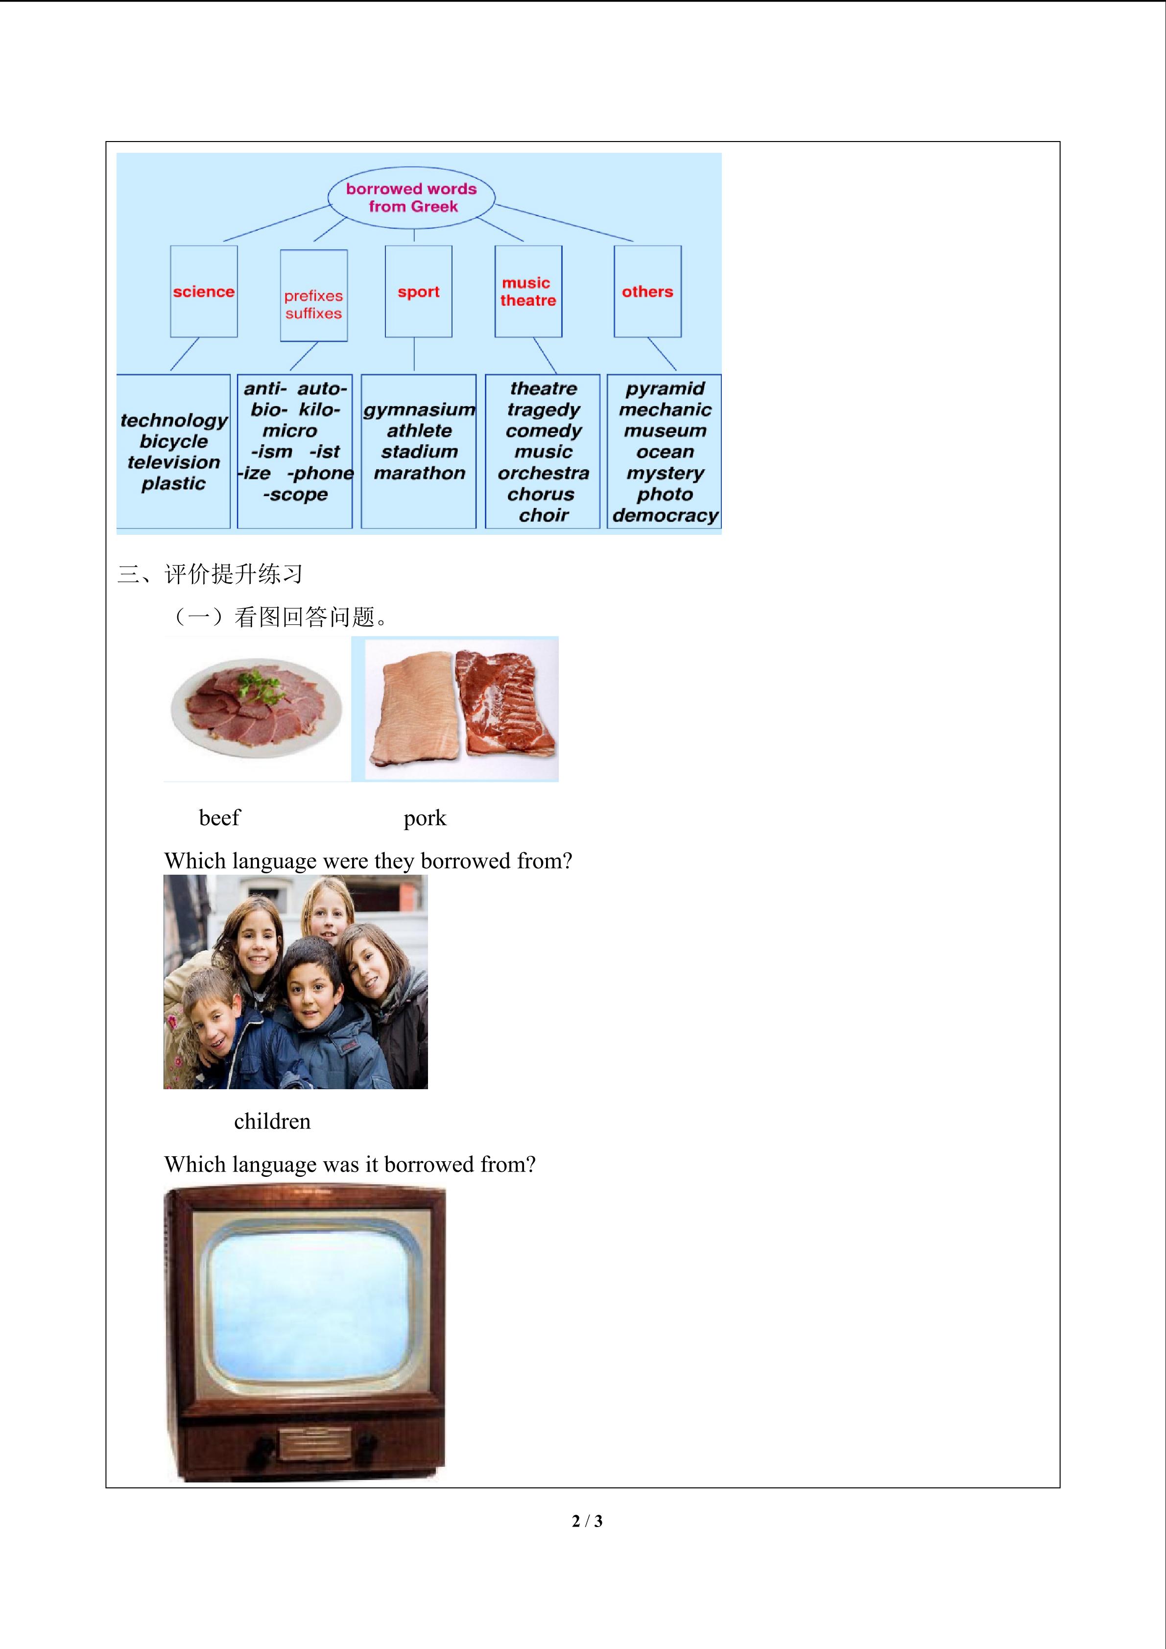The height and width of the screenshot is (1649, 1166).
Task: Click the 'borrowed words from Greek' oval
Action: [411, 197]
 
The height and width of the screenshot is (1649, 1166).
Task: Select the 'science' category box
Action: [204, 291]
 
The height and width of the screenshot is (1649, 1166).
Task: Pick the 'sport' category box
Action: [419, 291]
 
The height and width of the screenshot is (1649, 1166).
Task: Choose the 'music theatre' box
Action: [528, 291]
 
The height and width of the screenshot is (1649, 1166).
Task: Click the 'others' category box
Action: [647, 291]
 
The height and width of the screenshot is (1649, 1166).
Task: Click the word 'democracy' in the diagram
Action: [665, 516]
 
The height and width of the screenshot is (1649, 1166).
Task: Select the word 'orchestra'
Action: [544, 473]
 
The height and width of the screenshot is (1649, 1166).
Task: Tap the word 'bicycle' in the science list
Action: [174, 441]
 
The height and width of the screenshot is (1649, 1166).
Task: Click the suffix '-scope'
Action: [295, 495]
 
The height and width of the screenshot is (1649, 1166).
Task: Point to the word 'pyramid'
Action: [665, 388]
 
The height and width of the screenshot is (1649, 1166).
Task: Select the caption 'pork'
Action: [425, 818]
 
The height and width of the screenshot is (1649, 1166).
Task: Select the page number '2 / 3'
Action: [587, 1521]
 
